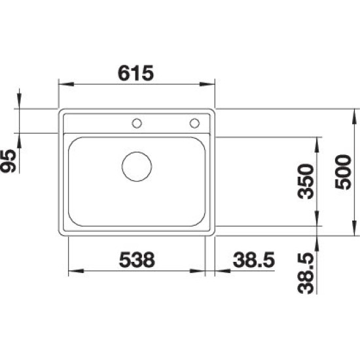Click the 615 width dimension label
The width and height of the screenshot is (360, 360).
135,73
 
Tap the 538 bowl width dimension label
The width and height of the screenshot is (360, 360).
137,260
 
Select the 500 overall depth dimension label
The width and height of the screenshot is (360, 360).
343,172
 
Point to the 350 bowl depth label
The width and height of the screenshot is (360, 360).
306,181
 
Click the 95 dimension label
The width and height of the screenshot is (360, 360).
9,161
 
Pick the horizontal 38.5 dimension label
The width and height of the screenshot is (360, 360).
254,260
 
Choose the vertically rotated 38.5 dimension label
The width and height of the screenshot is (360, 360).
306,273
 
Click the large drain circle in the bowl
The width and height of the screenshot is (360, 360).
137,167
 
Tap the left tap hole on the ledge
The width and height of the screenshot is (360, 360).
137,123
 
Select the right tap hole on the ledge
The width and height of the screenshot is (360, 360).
194,123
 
